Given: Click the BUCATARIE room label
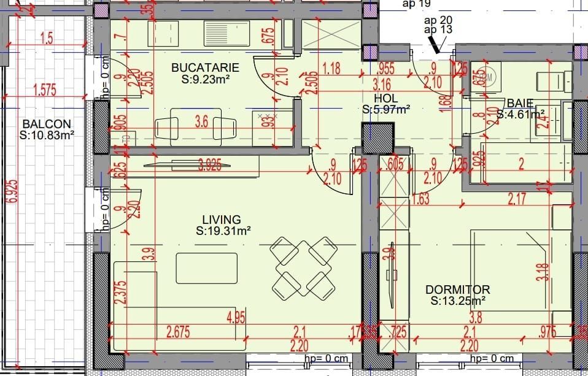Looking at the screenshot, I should [x=204, y=67].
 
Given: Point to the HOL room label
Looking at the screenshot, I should [x=385, y=99].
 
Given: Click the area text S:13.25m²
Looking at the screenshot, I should [x=458, y=301].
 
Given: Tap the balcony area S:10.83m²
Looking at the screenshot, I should [x=47, y=136].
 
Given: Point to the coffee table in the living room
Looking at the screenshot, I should [x=207, y=267].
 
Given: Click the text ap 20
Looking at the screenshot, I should [x=438, y=20].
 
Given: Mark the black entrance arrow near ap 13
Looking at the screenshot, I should [x=436, y=43].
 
